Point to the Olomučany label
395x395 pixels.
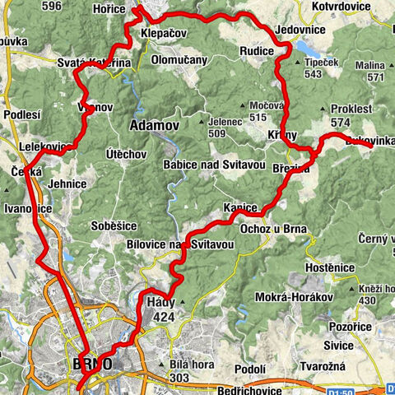[x=179, y=60]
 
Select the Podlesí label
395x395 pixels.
[x=21, y=114]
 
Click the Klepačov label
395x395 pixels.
[x=163, y=34]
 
